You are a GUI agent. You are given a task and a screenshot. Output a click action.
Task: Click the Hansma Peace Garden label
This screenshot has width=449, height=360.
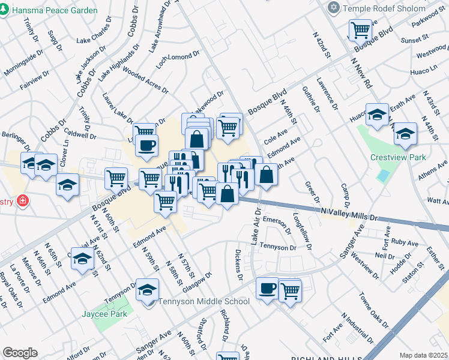pyautogui.click(x=54, y=11)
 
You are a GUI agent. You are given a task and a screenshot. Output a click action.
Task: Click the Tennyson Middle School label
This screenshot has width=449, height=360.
pyautogui.click(x=203, y=301)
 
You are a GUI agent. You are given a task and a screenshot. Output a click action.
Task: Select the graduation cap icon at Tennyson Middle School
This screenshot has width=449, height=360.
pyautogui.click(x=147, y=290)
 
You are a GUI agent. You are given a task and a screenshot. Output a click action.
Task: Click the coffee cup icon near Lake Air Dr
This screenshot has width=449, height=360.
pyautogui.click(x=267, y=288)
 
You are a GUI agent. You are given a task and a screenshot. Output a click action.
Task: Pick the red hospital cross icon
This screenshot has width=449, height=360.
pyautogui.click(x=23, y=200)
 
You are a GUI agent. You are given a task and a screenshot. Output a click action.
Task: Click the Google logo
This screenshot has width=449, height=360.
pyautogui.click(x=20, y=353)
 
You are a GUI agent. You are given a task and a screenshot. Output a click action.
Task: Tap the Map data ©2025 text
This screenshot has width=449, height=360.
pyautogui.click(x=423, y=355)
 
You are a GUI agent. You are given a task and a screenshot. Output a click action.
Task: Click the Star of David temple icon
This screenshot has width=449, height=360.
pyautogui.click(x=334, y=8)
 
